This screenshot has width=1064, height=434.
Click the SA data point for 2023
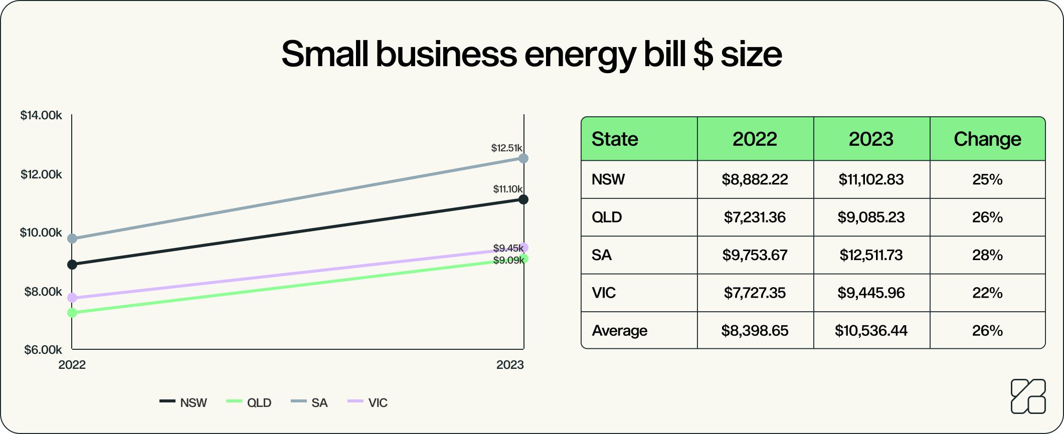click(523, 158)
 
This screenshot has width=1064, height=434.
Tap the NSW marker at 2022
click(72, 264)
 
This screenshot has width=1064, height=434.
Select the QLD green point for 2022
click(72, 313)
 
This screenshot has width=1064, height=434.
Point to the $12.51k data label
click(506, 148)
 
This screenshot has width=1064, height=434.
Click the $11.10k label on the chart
click(507, 189)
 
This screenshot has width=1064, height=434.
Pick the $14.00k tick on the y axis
click(41, 115)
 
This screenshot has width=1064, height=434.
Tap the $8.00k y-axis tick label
click(43, 291)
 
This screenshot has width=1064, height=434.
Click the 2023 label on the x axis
click(510, 365)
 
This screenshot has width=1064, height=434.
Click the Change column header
click(987, 139)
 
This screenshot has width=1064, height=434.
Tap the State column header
click(615, 139)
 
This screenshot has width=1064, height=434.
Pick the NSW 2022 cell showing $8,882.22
click(755, 179)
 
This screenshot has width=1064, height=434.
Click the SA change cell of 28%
click(987, 255)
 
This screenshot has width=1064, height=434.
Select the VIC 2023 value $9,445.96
click(871, 293)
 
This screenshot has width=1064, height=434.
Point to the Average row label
click(619, 331)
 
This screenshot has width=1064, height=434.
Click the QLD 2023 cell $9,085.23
click(871, 217)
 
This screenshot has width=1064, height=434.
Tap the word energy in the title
click(580, 55)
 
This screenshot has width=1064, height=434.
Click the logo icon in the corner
click(1028, 396)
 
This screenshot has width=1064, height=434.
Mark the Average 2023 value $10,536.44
click(871, 331)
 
